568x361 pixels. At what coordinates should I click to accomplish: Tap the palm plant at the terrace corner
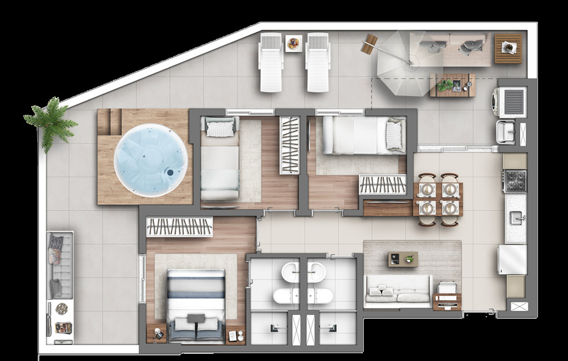pyautogui.click(x=51, y=123)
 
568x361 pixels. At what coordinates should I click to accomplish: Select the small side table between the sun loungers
pyautogui.click(x=293, y=43)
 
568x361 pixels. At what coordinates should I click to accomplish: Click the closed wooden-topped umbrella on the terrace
pyautogui.click(x=368, y=44)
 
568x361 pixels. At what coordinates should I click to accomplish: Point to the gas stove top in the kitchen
pyautogui.click(x=515, y=180)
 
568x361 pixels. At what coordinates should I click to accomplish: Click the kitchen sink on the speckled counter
pyautogui.click(x=517, y=217)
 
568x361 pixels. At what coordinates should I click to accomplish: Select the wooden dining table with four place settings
pyautogui.click(x=438, y=199)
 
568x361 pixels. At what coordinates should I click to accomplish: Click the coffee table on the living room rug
pyautogui.click(x=403, y=259)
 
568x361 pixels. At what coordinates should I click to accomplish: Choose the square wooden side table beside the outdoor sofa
pyautogui.click(x=508, y=48)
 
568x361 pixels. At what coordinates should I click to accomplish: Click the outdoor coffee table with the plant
pyautogui.click(x=453, y=85)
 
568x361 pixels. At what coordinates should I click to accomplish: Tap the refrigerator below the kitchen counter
pyautogui.click(x=512, y=260)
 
